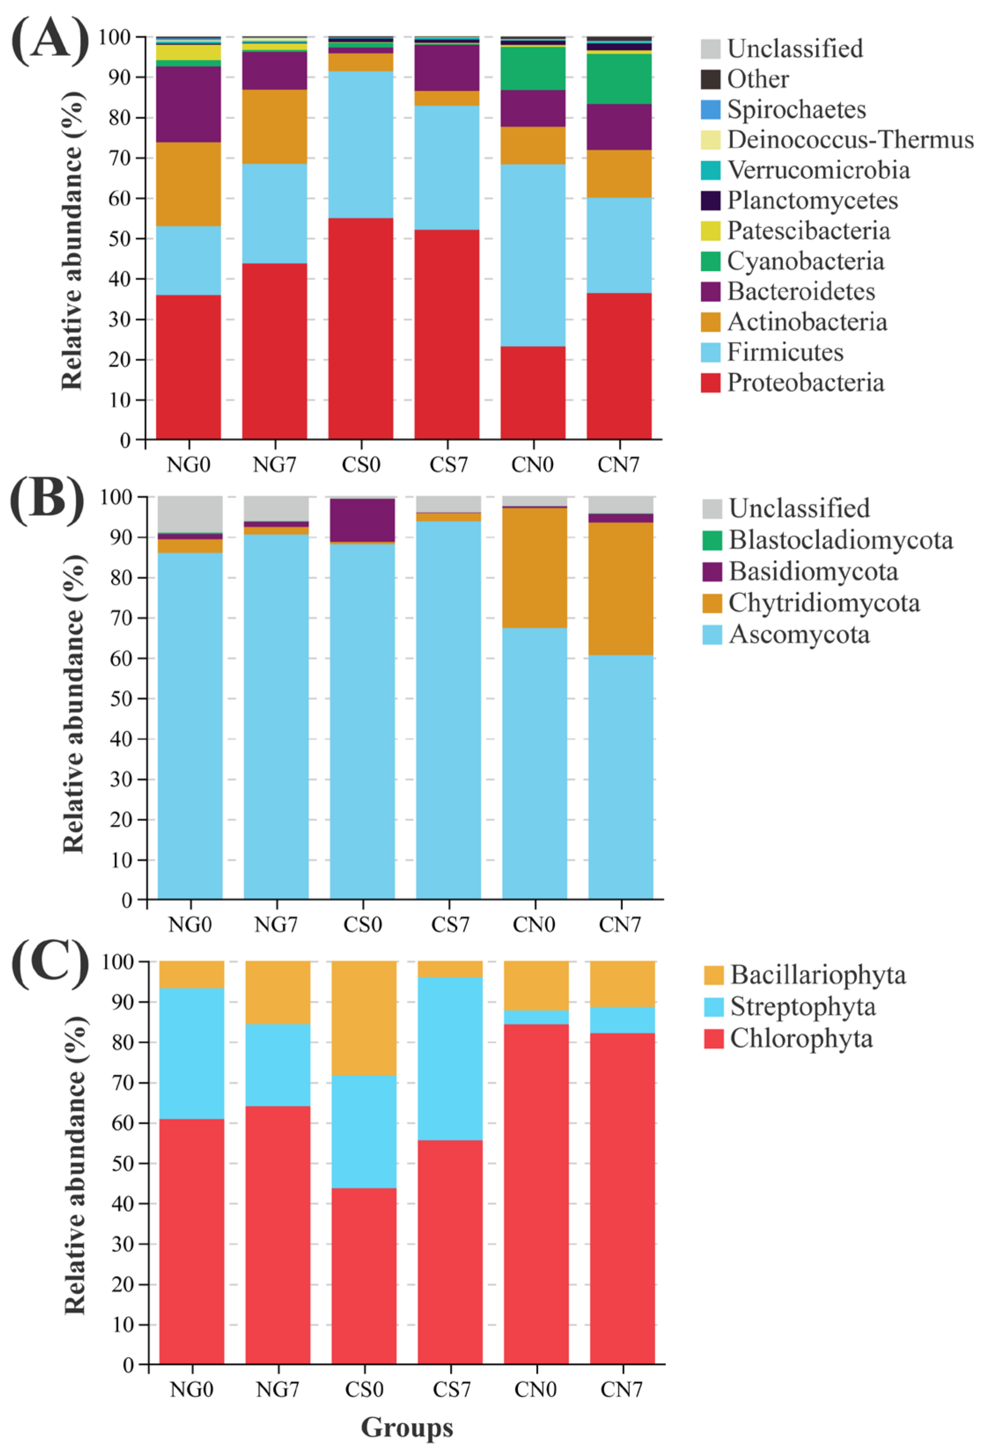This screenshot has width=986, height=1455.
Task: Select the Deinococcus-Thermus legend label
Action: tap(850, 139)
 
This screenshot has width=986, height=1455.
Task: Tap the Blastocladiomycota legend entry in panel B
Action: tap(840, 540)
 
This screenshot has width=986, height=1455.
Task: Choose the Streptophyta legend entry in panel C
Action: tap(802, 1007)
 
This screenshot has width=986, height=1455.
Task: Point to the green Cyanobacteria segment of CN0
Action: tap(533, 68)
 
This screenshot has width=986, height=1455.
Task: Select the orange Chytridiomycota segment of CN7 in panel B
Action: tap(620, 589)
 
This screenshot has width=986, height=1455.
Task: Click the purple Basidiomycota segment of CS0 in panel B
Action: tap(362, 519)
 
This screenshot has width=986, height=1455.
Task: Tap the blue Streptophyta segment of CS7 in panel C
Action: tap(450, 1058)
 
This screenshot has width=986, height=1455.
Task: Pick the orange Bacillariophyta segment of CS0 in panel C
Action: tap(363, 1017)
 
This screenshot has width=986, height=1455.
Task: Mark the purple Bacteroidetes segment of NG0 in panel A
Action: tap(188, 104)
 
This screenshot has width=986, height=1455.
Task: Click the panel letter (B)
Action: tap(47, 501)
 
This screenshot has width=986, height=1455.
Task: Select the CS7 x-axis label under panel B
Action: tap(450, 925)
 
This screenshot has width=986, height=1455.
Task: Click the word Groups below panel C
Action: tap(407, 1427)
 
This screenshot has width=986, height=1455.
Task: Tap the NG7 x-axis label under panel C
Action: tap(277, 1389)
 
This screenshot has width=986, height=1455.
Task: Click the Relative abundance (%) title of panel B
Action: tap(74, 704)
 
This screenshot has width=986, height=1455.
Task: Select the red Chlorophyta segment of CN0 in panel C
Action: tap(536, 1189)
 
